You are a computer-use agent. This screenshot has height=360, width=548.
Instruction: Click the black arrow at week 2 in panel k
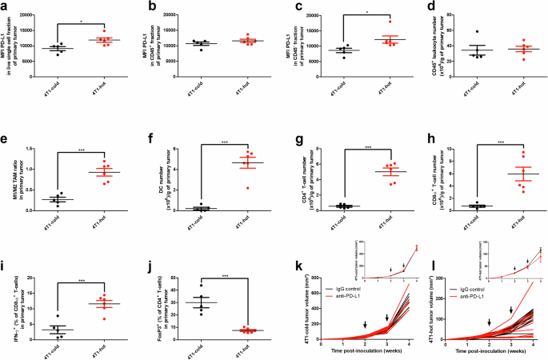pos(364,325)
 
